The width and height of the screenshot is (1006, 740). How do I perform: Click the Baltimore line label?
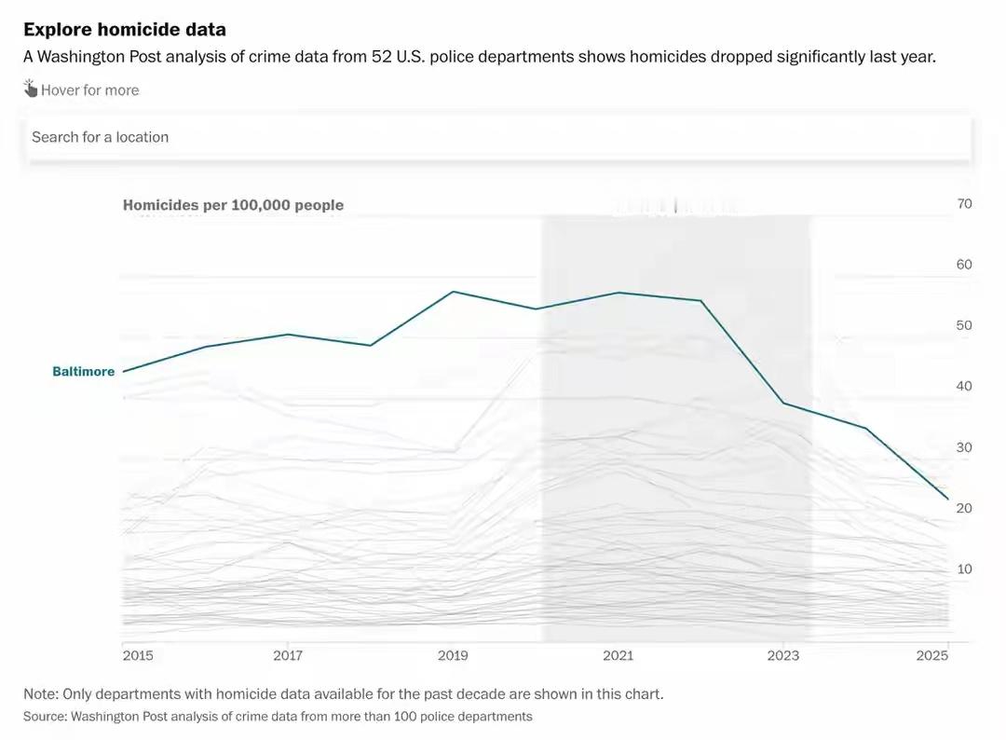click(83, 372)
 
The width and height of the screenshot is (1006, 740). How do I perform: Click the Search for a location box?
click(498, 137)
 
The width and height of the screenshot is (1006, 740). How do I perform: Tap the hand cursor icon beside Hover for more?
click(31, 89)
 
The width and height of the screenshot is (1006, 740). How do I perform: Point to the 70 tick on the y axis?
click(963, 204)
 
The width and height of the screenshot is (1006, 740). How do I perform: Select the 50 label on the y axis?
click(963, 325)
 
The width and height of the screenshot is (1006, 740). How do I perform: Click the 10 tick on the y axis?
click(963, 569)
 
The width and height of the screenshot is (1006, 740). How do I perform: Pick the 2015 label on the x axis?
click(138, 656)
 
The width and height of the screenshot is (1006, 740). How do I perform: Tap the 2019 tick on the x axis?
click(453, 656)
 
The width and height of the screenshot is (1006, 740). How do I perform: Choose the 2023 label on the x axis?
click(783, 656)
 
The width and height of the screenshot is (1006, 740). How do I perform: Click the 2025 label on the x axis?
click(932, 656)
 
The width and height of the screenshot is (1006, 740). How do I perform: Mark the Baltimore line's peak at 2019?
click(453, 292)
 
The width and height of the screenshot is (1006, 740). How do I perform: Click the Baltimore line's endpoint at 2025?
click(948, 500)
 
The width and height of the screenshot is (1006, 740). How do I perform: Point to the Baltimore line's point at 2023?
click(783, 403)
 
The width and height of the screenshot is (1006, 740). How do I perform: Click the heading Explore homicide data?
click(125, 30)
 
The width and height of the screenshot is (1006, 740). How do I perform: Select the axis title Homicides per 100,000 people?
click(233, 205)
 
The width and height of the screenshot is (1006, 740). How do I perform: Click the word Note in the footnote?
click(40, 694)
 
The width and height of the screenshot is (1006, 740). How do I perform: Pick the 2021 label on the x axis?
click(618, 656)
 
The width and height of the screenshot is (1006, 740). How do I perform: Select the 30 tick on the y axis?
click(963, 447)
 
